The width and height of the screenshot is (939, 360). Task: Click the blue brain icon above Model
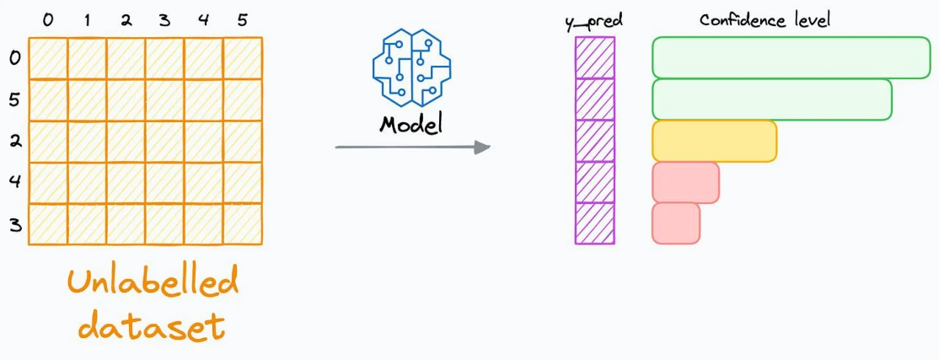tap(411, 67)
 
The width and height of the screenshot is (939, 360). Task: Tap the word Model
tap(410, 125)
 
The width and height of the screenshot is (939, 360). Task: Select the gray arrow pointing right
tap(413, 147)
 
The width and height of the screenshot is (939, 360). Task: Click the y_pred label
tap(594, 22)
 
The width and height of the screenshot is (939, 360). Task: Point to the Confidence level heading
tap(765, 19)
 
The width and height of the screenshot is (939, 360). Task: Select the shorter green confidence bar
tap(772, 99)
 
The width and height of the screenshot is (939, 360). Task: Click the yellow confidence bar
tap(715, 142)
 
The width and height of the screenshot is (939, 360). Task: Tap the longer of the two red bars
tap(685, 182)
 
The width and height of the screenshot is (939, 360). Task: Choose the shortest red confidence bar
tap(675, 223)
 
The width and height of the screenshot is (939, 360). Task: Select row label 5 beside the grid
tap(15, 100)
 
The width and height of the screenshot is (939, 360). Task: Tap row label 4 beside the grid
tap(15, 181)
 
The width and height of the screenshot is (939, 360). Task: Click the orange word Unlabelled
tap(153, 282)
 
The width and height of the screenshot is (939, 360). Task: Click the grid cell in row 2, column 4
tap(204, 142)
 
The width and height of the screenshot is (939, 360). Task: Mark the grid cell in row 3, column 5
tap(243, 223)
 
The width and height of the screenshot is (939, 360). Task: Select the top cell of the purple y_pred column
tap(594, 57)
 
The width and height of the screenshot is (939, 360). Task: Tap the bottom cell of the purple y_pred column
tap(594, 223)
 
